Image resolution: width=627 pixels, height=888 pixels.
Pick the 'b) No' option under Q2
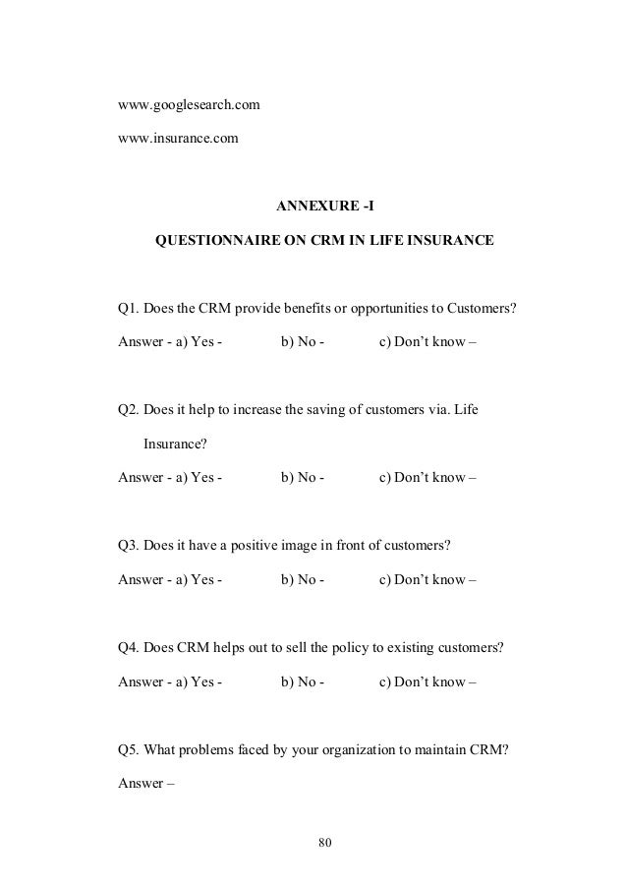click(x=300, y=479)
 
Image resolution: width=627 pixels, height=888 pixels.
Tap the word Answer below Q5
click(x=139, y=784)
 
